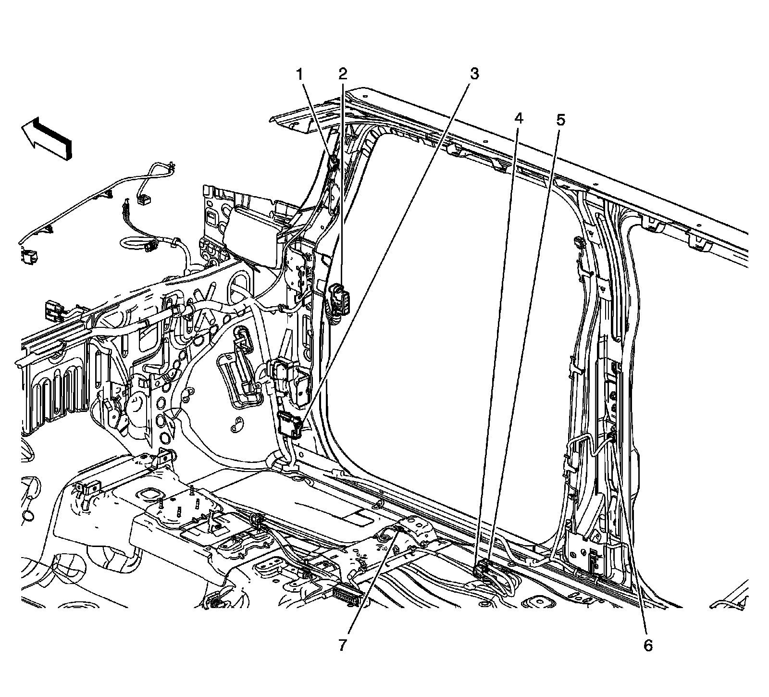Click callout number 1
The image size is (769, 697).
click(x=299, y=75)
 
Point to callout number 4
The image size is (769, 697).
click(x=518, y=118)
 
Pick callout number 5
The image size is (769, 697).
click(x=561, y=119)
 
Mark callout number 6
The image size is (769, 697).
click(x=648, y=646)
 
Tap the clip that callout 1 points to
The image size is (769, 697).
click(x=333, y=162)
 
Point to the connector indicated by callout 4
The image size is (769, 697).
click(x=481, y=569)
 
